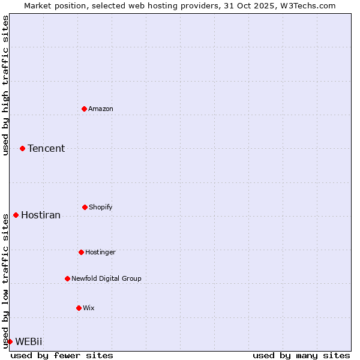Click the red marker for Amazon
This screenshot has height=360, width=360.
click(84, 109)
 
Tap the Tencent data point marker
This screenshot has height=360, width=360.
click(22, 148)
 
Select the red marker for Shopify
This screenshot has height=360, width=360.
click(85, 207)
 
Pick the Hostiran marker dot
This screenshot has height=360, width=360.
click(16, 215)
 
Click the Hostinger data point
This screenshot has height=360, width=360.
click(81, 252)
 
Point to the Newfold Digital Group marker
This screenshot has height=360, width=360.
click(67, 278)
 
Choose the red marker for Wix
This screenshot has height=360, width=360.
click(79, 308)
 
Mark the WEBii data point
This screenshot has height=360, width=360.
click(10, 341)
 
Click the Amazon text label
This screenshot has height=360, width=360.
click(101, 109)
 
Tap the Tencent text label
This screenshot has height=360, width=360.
click(46, 148)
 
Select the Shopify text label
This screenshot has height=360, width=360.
click(101, 207)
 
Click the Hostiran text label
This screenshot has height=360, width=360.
click(41, 215)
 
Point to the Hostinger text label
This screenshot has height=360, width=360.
click(100, 252)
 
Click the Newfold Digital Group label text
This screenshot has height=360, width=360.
click(106, 278)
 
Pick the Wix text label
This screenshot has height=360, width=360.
click(89, 308)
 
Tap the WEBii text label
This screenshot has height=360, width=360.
click(29, 341)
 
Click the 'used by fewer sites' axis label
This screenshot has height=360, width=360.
click(62, 355)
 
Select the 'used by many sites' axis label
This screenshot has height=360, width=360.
click(301, 355)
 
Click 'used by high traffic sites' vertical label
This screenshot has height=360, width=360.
click(5, 85)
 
